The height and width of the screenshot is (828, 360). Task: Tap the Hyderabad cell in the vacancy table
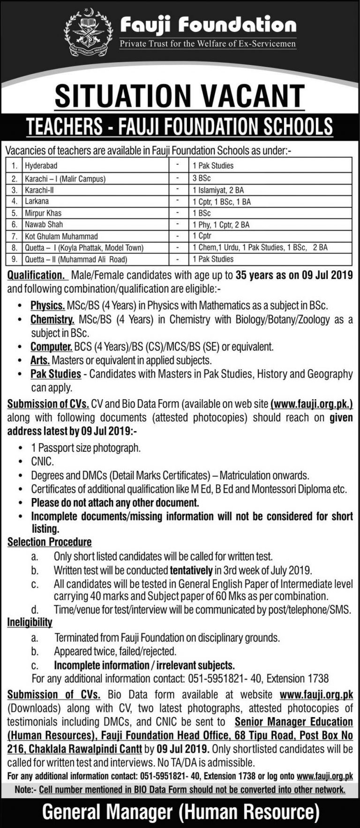click(42, 165)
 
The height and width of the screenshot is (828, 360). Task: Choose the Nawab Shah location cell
click(44, 225)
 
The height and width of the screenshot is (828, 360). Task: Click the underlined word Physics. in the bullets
click(48, 306)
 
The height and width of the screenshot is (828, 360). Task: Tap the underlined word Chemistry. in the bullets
click(52, 320)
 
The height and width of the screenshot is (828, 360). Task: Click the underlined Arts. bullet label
click(41, 361)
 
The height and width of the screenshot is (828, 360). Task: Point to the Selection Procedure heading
click(49, 542)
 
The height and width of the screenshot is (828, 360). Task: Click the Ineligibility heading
click(30, 623)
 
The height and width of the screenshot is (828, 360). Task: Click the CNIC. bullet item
click(39, 462)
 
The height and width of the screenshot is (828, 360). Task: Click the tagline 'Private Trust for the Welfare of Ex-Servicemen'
click(208, 45)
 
